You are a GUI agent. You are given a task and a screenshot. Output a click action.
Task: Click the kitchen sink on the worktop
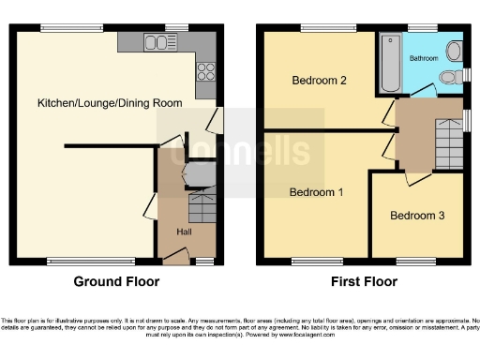pyautogui.click(x=156, y=41)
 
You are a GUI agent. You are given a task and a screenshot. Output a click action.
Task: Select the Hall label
pyautogui.click(x=187, y=231)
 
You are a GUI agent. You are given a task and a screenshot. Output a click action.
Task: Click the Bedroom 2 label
pyautogui.click(x=319, y=81)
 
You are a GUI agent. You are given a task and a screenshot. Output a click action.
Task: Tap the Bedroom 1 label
pyautogui.click(x=315, y=192)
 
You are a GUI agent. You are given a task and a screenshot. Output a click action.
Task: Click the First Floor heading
pyautogui.click(x=365, y=281)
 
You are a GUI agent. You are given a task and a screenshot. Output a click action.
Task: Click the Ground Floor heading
pyautogui.click(x=117, y=281)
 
